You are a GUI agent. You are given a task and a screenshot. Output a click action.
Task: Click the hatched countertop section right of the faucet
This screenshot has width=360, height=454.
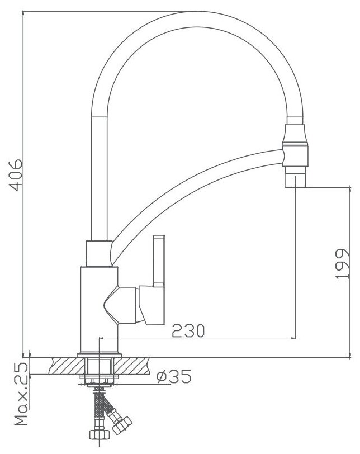click(x=140, y=366)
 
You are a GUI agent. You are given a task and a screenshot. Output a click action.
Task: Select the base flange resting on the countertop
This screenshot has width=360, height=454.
click(x=99, y=354)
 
